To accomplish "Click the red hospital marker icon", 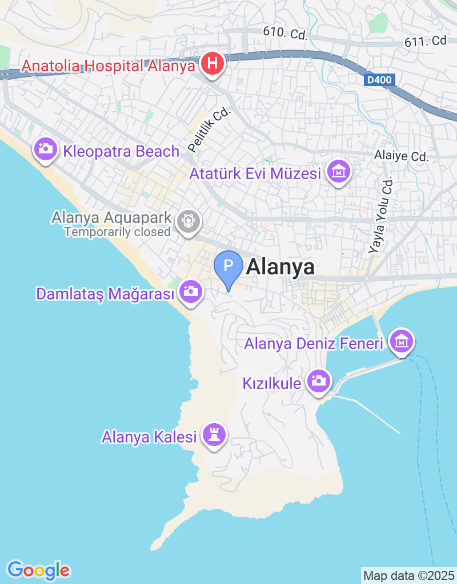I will tap(212, 63).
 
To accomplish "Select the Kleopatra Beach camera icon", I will tap(45, 150).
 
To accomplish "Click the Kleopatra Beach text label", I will tap(122, 152).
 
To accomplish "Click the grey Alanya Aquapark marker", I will tap(188, 220).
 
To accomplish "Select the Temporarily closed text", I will tap(118, 232).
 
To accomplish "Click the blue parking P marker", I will tap(228, 266).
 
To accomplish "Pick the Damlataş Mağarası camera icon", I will tap(190, 292).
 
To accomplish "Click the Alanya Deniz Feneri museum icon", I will tap(402, 342).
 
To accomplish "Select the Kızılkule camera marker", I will tap(318, 380).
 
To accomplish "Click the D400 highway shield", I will tap(379, 80).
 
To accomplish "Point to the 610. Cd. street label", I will tap(286, 33).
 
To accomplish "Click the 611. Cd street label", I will tap(425, 41).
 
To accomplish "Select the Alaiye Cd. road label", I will tap(401, 156).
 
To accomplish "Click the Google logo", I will tap(39, 570).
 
